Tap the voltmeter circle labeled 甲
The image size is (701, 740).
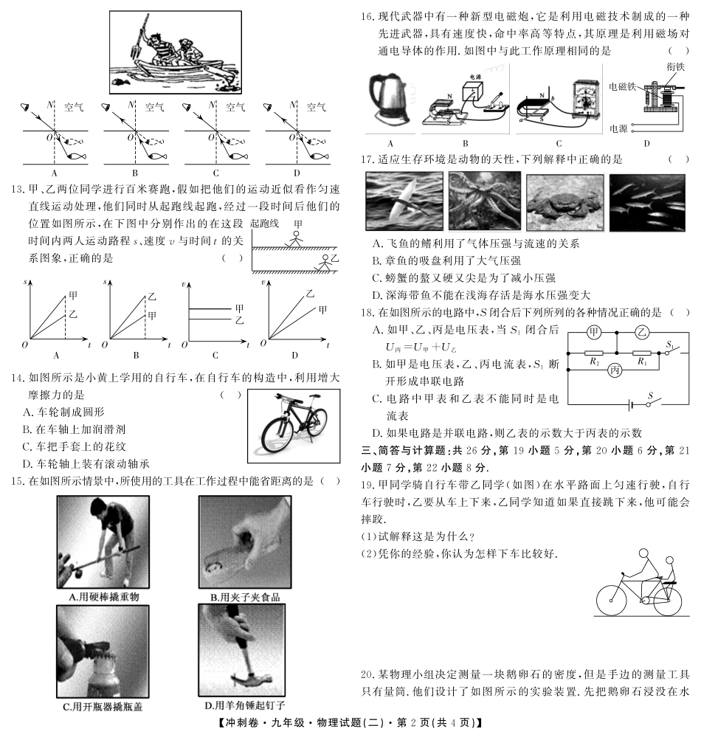[x=594, y=333]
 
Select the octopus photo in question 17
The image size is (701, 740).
[x=484, y=203]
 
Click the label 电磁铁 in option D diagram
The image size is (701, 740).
[x=622, y=86]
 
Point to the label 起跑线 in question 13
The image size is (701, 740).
[x=266, y=223]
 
